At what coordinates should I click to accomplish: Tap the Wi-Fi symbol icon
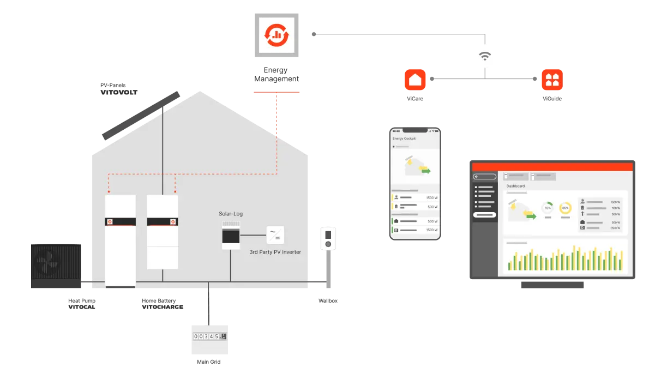coord(485,56)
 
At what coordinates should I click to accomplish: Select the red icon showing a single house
coord(415,80)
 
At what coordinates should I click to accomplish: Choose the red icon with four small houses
coord(552,80)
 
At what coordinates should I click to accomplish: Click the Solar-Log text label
coord(231,214)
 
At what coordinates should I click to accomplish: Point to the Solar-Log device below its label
coord(231,235)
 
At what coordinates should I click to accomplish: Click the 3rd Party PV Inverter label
coord(275,252)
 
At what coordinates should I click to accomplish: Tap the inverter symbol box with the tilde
coord(274,235)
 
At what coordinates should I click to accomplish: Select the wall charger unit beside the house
coord(328,239)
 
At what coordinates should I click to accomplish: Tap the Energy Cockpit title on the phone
coord(404,139)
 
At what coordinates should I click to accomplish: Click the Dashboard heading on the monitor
coord(515,186)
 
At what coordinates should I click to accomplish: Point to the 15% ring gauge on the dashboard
coord(548,208)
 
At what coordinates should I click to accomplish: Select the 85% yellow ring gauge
coord(565,208)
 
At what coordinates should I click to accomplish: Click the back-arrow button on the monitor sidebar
coord(485,177)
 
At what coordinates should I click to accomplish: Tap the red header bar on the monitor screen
coord(552,167)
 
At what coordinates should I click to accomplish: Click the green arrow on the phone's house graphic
coord(425,171)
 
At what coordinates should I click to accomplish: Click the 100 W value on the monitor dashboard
coord(616,208)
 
